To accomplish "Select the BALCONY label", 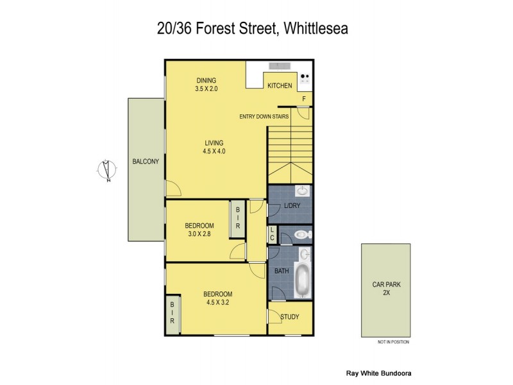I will pyautogui.click(x=146, y=162).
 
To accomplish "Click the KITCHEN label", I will pyautogui.click(x=280, y=85).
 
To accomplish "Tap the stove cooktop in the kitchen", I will pyautogui.click(x=305, y=80).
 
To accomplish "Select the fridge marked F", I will pyautogui.click(x=305, y=98).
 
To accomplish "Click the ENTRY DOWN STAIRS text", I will pyautogui.click(x=264, y=116).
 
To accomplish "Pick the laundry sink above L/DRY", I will pyautogui.click(x=301, y=191).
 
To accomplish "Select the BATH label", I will pyautogui.click(x=282, y=271).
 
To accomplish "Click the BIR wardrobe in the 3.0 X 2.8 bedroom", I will pyautogui.click(x=237, y=218).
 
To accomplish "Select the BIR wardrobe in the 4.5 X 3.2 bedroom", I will pyautogui.click(x=172, y=314).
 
